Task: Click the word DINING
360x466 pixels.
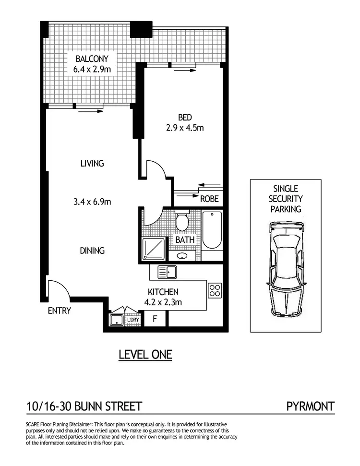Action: coord(92,251)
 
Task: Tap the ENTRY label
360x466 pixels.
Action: coord(59,311)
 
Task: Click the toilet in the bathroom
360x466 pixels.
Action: coord(182,221)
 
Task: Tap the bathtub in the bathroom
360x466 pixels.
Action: coord(212,230)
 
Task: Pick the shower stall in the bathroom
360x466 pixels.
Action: coord(153,249)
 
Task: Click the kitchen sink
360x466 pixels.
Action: coord(168,273)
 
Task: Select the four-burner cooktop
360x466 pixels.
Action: coord(215,290)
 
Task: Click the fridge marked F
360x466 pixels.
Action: coord(155,319)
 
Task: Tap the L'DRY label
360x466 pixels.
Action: coord(132,320)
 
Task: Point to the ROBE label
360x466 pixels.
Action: coord(209,199)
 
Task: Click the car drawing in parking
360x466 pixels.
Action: coord(286,270)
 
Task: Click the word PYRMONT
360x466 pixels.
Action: coord(310,407)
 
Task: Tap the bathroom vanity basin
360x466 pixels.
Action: coord(183,255)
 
